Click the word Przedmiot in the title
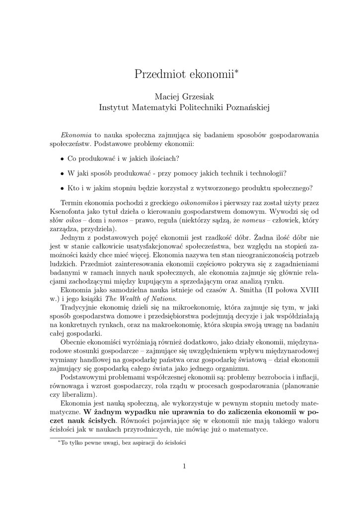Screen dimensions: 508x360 pos(158,75)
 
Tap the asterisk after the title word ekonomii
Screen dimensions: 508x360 pos(237,72)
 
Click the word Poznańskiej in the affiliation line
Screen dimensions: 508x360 pos(247,107)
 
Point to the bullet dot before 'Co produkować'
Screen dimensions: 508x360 pos(62,159)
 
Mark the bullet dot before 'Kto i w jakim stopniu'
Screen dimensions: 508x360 pos(62,189)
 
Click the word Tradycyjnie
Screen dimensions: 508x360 pos(79,308)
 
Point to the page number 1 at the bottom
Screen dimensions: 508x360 pos(184,466)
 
